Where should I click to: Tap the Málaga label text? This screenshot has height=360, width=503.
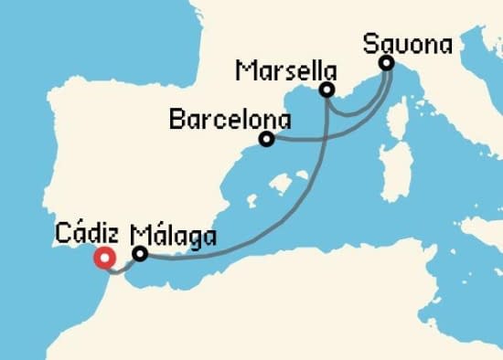[175, 237]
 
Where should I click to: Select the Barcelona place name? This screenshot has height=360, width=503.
[230, 119]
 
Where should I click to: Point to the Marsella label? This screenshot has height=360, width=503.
[284, 70]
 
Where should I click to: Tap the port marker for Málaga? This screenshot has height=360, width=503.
[140, 254]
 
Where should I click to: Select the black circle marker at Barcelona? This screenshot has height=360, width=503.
[266, 139]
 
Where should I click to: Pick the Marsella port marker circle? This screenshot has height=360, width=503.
[326, 90]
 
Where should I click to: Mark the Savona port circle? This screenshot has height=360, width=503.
[386, 63]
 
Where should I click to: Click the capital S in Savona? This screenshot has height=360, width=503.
[371, 43]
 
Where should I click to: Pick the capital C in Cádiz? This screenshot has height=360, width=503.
[62, 233]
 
